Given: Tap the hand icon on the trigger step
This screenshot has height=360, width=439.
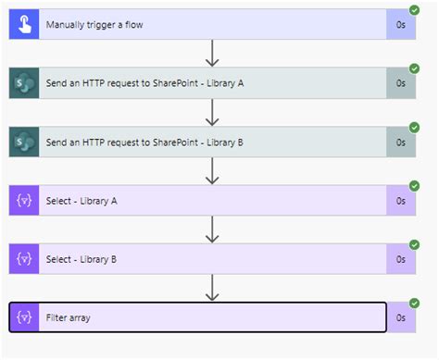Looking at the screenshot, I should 22,25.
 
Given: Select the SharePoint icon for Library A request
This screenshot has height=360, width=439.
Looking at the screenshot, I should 22,83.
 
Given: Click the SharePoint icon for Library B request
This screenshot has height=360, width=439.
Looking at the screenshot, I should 22,142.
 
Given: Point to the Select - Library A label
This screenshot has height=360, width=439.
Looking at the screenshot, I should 82,201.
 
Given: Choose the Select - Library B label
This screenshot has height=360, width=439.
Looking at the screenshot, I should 82,259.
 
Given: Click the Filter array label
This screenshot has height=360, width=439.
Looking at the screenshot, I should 69,317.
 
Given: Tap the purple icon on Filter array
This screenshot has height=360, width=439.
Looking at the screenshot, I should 22,317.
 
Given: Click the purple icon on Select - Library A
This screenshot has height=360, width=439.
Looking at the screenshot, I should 22,201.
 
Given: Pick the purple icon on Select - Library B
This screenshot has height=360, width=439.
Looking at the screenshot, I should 22,259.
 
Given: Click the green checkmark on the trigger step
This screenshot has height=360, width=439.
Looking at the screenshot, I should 414,12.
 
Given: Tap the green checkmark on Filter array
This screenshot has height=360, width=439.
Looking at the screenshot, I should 414,304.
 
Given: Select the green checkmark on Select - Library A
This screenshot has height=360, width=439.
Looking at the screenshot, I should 414,187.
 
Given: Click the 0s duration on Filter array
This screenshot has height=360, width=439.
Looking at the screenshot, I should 401,317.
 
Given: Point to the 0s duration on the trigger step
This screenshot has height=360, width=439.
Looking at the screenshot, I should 401,25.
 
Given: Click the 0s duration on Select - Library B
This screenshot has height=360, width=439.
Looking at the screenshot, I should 401,259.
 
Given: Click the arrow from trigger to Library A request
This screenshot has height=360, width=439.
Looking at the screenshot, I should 213,54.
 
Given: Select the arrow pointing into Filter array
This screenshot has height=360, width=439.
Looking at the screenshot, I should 213,288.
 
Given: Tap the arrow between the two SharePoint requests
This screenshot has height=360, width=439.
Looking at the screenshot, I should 213,112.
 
